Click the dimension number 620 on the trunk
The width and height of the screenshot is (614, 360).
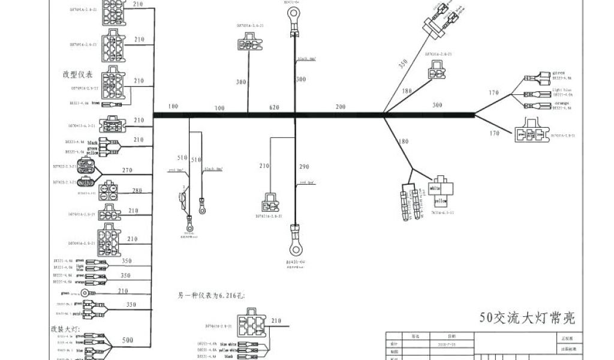(x=275, y=107)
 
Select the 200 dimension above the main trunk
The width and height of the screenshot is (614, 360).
(x=340, y=107)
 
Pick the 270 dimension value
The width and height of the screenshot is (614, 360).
(x=127, y=170)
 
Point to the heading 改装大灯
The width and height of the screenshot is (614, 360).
(x=64, y=329)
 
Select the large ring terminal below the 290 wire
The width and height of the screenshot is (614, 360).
(x=294, y=244)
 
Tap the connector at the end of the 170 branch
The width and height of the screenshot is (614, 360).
(x=532, y=134)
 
